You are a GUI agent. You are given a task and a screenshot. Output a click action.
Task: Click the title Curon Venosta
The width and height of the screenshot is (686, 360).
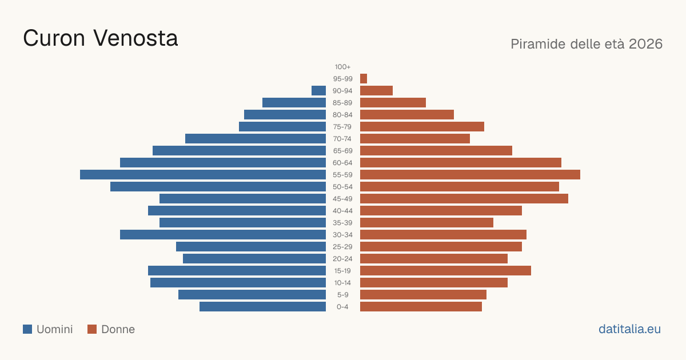(101, 38)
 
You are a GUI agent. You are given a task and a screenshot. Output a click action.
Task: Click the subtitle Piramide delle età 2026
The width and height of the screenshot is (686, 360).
(587, 44)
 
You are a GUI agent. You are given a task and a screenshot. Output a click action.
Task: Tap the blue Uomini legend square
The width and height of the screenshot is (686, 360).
(27, 329)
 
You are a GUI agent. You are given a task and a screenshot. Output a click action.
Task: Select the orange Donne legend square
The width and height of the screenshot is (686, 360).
(92, 329)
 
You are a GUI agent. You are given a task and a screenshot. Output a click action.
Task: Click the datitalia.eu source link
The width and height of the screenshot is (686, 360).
(629, 329)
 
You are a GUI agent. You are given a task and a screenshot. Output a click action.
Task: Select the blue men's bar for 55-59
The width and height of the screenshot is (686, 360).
(203, 174)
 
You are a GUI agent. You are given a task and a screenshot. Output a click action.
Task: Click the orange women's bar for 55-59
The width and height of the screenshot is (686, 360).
(470, 174)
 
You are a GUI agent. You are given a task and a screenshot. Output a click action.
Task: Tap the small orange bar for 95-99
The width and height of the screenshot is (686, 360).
(364, 79)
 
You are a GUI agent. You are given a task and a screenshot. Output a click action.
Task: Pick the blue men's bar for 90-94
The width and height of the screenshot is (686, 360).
(318, 91)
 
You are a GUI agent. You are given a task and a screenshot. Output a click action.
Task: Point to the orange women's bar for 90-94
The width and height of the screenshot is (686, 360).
(376, 91)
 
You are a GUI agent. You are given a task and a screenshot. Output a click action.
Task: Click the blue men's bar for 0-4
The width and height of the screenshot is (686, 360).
(262, 307)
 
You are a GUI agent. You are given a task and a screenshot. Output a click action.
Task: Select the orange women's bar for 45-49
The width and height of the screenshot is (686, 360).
(464, 199)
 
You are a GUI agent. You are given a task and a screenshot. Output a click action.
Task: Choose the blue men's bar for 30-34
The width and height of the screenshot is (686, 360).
(223, 234)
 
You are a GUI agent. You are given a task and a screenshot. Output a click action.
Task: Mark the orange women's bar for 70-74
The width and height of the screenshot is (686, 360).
(415, 139)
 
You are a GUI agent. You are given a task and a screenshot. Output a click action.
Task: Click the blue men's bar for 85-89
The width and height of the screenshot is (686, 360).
(294, 102)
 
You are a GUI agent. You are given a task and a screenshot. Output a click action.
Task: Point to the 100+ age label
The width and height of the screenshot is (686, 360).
(342, 67)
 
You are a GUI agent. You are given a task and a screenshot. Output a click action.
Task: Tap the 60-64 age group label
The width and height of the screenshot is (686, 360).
(342, 163)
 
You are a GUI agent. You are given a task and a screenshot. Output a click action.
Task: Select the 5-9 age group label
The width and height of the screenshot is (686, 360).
(342, 295)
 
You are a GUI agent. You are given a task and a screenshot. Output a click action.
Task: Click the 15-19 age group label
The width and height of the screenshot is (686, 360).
(342, 271)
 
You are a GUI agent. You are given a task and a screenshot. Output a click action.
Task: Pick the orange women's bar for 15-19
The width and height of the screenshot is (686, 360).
(445, 271)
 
